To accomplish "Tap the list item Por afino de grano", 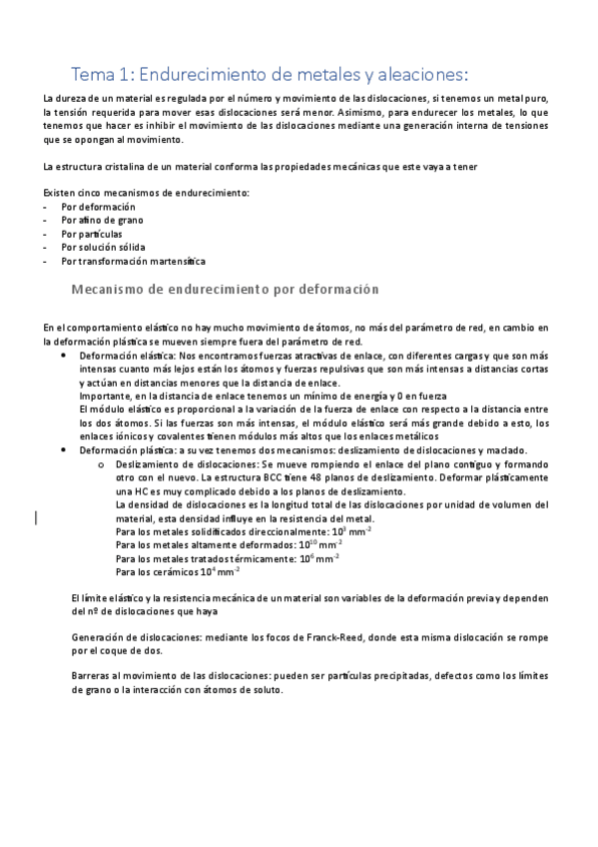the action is click(102, 219).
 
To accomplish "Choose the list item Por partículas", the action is click(92, 233).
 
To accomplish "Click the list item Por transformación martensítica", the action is click(133, 261).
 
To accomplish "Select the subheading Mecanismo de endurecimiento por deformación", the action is click(226, 289).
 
